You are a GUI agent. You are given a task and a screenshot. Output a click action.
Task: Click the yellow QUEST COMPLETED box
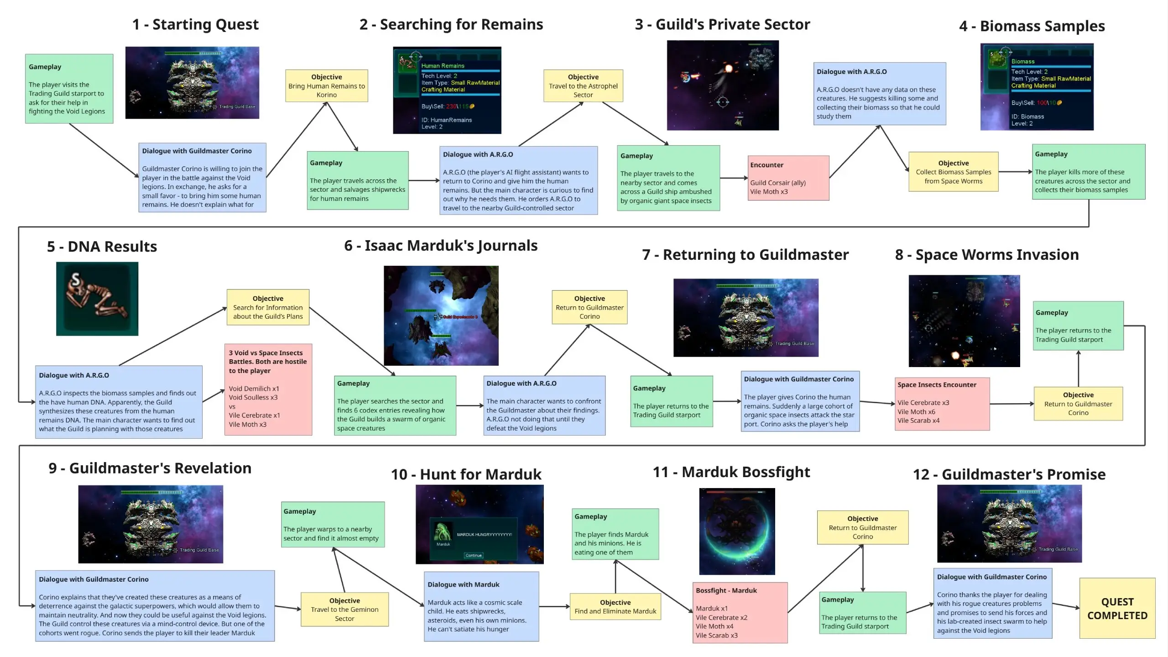1117,608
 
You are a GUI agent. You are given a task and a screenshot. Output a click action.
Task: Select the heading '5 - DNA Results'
102,247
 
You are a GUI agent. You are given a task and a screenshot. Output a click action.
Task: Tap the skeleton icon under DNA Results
97,299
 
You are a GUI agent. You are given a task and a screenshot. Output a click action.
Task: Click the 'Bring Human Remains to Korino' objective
327,86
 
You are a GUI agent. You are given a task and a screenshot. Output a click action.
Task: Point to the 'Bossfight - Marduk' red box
740,612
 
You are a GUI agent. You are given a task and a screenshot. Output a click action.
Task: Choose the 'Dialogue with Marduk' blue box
481,606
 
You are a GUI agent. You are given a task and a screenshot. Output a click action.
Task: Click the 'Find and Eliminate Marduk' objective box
615,607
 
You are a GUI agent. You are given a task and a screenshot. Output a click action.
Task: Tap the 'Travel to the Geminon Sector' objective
344,610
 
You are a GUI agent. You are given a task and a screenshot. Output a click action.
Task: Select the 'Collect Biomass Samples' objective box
953,172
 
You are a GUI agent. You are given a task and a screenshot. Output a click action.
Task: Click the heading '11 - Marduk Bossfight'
731,472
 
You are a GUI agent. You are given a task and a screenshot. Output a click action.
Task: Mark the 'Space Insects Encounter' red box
942,404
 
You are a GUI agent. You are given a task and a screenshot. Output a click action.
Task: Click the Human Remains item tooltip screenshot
447,90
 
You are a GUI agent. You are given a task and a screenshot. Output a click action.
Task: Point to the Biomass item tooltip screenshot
1037,87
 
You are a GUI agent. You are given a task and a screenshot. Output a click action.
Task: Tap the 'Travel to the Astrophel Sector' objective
583,86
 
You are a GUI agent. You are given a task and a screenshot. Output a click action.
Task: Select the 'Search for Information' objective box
268,307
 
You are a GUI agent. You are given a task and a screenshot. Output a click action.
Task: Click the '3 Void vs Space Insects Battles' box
268,389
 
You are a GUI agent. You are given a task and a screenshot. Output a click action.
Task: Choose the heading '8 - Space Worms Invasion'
986,255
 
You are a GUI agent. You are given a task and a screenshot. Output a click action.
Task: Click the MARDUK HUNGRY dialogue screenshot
480,524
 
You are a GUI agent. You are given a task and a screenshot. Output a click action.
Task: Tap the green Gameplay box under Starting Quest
69,89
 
